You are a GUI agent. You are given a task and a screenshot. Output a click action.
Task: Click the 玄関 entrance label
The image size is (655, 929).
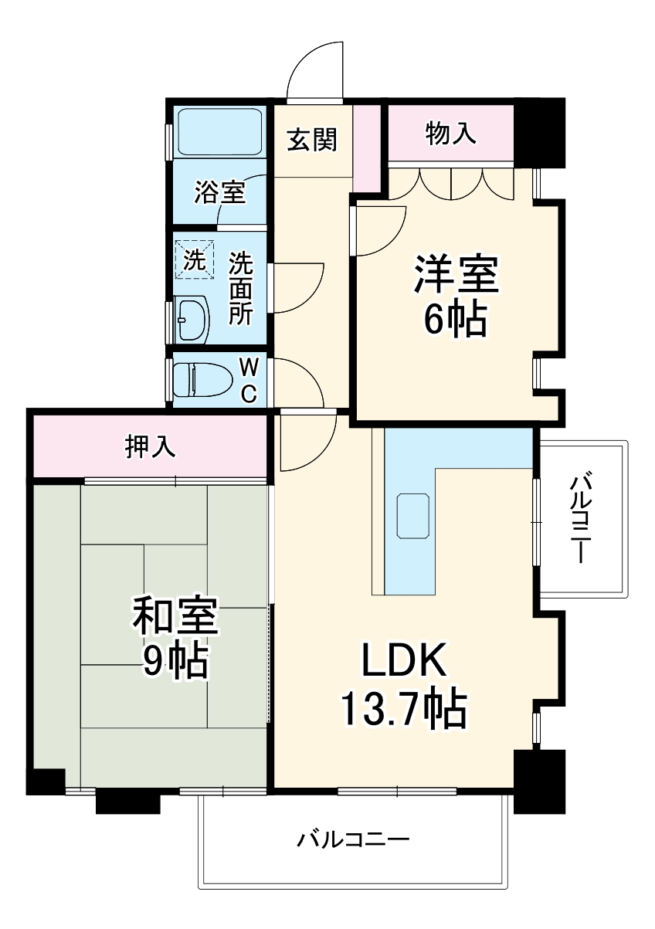click(312, 139)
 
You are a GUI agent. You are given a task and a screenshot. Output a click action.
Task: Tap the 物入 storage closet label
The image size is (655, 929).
click(450, 134)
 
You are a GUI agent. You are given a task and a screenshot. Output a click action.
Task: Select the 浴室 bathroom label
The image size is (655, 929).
click(219, 192)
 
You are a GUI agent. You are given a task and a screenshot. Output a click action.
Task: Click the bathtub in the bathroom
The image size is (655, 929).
click(219, 131)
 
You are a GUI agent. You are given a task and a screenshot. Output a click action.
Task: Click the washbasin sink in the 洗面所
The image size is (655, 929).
click(193, 318)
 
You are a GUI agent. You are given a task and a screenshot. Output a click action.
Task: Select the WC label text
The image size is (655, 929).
click(248, 378)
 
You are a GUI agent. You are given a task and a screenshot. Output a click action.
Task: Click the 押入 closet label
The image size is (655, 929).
click(151, 446)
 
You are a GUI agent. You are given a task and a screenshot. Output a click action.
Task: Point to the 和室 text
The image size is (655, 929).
click(175, 615)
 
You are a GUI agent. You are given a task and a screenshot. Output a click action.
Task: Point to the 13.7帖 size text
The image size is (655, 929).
click(404, 707)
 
